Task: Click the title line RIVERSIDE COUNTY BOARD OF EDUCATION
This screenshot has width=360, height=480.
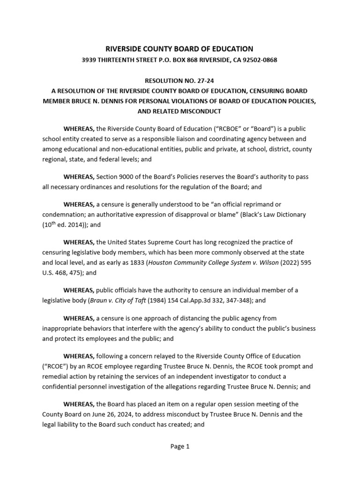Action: pos(180,49)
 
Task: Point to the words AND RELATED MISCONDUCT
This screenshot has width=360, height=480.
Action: pos(179,111)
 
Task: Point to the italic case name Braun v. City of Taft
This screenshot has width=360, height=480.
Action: pos(121,300)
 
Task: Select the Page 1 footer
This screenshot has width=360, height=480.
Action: pos(180,447)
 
